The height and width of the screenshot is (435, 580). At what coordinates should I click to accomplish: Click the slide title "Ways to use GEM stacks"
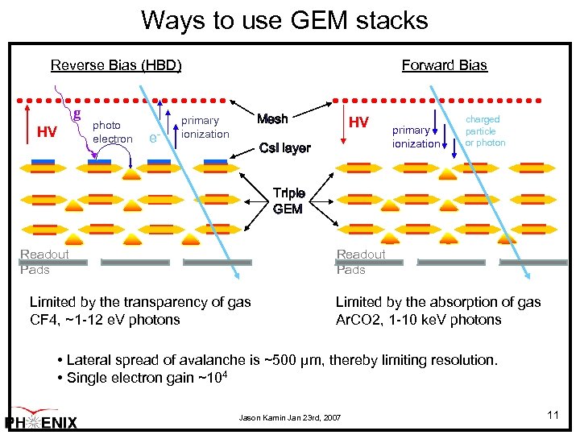coord(284,19)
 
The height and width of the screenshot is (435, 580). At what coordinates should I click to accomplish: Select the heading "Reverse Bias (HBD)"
coord(116,65)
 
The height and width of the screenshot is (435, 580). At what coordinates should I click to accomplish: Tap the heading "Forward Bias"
coord(444,65)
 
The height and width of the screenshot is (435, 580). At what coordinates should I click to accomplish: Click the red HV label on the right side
coord(358,122)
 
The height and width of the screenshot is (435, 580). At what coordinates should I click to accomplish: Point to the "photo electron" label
coord(112,132)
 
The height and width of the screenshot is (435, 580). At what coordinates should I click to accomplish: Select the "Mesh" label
coord(271,119)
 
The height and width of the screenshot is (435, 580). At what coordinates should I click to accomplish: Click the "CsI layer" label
coord(284,148)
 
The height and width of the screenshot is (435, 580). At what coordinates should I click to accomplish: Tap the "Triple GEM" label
coord(288,201)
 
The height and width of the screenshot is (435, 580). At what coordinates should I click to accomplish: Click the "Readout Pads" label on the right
coord(361,262)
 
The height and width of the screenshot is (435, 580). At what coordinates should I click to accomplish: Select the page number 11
coord(553,415)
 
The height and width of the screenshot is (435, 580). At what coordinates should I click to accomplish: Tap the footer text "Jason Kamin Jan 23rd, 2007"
coord(289,418)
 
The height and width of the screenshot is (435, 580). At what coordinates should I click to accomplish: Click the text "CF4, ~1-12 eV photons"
coord(105,320)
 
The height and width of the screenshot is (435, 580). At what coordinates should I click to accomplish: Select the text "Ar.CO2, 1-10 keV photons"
coord(419,320)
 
